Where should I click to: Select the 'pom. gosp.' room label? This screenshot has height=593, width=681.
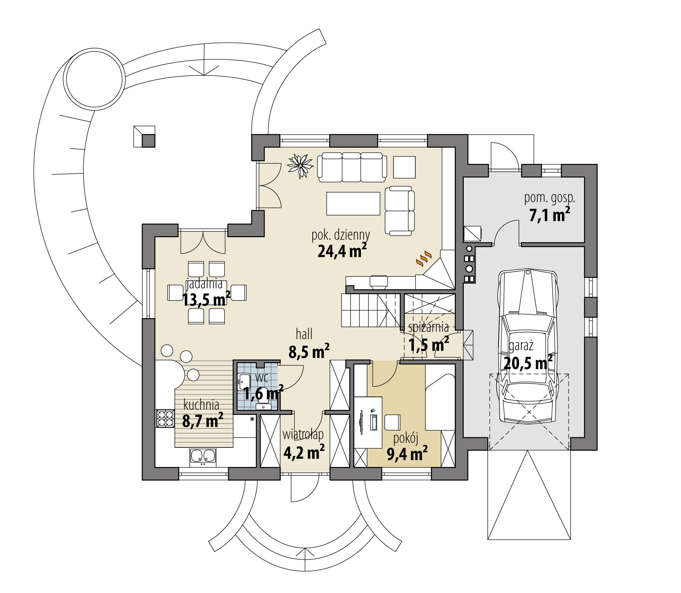(x=549, y=198)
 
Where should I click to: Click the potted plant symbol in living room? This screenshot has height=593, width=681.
(x=301, y=165)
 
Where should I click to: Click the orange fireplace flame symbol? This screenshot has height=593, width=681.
(x=424, y=259)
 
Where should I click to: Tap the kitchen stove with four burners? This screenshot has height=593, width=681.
(x=165, y=418)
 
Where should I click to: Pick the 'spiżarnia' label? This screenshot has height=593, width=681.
(x=428, y=328)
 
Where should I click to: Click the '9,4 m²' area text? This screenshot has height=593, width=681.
(x=407, y=454)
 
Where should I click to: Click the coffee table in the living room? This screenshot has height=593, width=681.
(x=353, y=203)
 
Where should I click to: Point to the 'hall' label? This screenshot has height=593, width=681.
(x=304, y=334)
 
